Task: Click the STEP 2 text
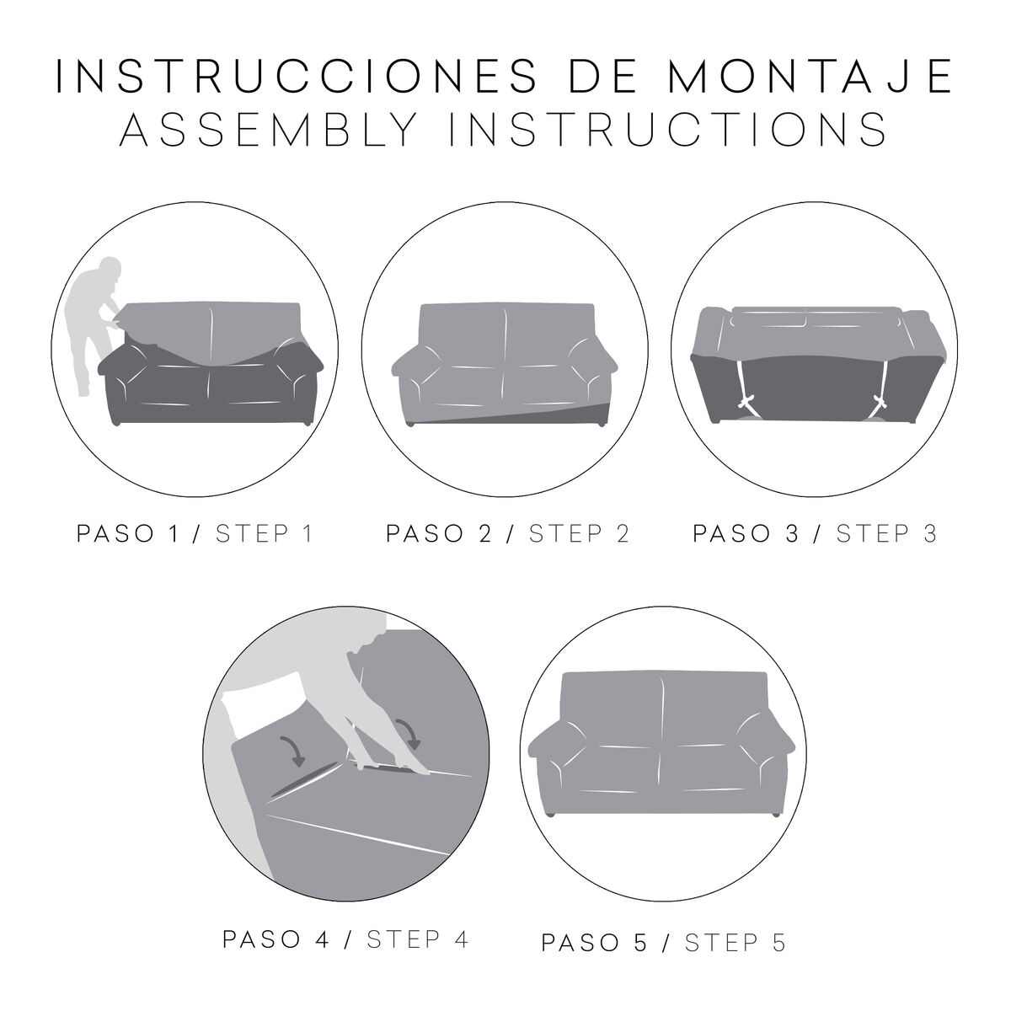[x=579, y=534]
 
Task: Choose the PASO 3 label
[x=744, y=534]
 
